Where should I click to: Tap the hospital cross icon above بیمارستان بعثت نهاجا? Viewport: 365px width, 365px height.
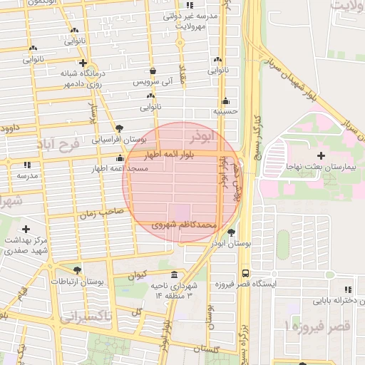point(321,155)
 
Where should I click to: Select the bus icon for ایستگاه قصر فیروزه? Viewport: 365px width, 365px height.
point(245,272)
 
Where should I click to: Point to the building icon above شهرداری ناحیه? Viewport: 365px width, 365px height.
point(175,275)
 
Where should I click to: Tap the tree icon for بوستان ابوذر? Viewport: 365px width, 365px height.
point(230,232)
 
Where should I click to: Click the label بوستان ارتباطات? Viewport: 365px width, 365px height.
point(80,282)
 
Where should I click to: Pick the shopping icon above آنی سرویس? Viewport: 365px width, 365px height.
point(153,71)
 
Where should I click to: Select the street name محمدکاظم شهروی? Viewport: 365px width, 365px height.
point(184,224)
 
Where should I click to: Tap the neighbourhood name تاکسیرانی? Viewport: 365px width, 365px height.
point(86,317)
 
